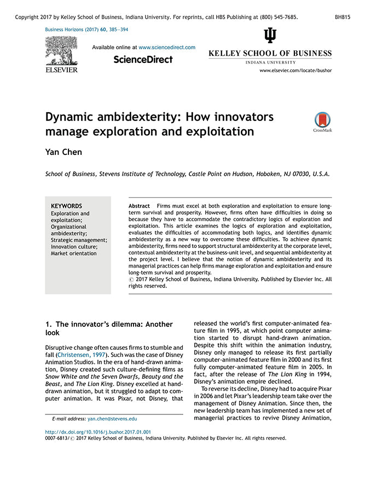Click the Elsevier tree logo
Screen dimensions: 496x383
click(61, 51)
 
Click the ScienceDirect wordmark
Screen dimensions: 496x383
click(143, 60)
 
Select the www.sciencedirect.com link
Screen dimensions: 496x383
click(167, 48)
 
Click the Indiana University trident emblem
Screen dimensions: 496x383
click(270, 36)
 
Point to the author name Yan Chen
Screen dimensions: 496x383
click(63, 152)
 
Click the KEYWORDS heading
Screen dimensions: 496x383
click(66, 206)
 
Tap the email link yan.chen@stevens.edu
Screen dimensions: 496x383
click(112, 419)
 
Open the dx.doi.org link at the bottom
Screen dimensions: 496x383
click(98, 432)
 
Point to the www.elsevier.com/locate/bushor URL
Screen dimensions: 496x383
click(295, 71)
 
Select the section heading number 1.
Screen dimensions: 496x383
click(48, 325)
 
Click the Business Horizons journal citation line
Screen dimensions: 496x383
click(87, 29)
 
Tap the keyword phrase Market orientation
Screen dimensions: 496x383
click(74, 253)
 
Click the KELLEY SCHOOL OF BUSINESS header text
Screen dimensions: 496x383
click(270, 54)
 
